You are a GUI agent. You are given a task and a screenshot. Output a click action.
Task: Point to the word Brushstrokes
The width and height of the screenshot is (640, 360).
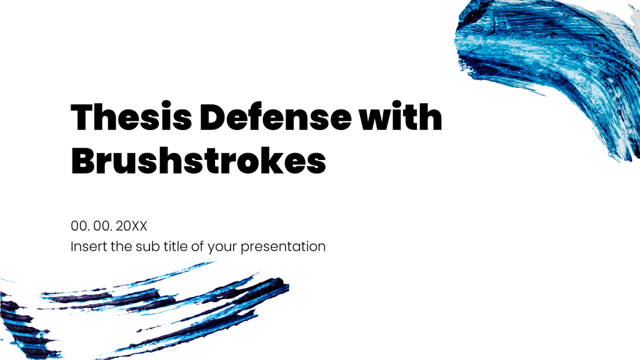tap(199, 160)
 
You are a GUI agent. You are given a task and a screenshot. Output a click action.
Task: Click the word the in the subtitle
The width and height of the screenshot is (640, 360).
tap(119, 246)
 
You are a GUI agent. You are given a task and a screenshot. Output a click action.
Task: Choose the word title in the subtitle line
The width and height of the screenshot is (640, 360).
tap(176, 246)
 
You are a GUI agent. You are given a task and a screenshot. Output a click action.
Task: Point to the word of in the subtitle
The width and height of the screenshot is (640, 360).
tap(198, 246)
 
